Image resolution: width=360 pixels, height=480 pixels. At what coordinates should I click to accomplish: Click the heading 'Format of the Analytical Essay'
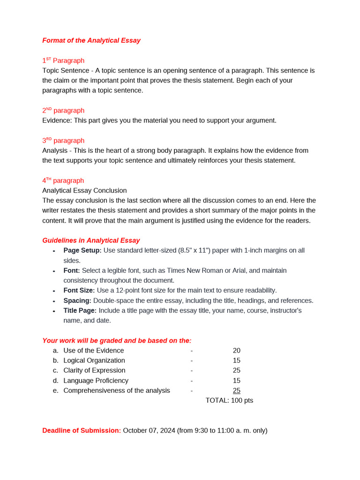click(x=91, y=40)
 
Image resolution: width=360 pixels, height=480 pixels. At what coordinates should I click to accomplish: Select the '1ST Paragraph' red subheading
click(x=63, y=60)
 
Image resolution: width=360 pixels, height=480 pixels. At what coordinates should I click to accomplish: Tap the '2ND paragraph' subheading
click(x=63, y=111)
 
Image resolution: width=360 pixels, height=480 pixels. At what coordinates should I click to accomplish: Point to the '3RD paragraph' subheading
click(x=63, y=141)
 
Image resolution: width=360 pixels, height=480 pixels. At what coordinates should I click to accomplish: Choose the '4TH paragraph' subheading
click(x=63, y=180)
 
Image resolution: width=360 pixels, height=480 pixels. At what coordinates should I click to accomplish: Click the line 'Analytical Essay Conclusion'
click(x=84, y=190)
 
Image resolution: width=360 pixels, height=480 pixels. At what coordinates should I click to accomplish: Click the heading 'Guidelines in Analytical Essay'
click(x=91, y=240)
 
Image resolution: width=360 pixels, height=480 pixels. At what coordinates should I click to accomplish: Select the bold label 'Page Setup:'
click(x=82, y=250)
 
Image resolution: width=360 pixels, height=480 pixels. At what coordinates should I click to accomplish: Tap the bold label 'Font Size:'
click(x=79, y=290)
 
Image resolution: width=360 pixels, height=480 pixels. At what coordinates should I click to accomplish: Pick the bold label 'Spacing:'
click(x=77, y=300)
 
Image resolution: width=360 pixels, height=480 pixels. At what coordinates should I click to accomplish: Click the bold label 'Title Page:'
click(x=80, y=310)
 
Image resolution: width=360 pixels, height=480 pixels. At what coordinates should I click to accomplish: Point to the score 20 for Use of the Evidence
click(x=236, y=351)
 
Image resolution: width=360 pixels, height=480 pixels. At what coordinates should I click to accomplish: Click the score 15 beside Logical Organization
click(x=236, y=360)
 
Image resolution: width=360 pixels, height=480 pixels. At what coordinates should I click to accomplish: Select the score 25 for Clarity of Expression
click(x=236, y=370)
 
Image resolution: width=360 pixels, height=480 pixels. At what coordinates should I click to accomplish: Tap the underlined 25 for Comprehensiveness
click(x=236, y=390)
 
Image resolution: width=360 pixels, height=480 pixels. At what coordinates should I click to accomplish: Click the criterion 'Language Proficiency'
click(x=96, y=381)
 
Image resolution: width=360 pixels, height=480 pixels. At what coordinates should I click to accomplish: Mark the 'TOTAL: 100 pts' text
click(x=229, y=400)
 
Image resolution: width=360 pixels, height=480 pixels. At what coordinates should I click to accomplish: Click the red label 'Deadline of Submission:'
click(x=82, y=430)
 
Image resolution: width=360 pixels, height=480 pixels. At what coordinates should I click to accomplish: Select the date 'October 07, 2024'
click(x=149, y=430)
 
